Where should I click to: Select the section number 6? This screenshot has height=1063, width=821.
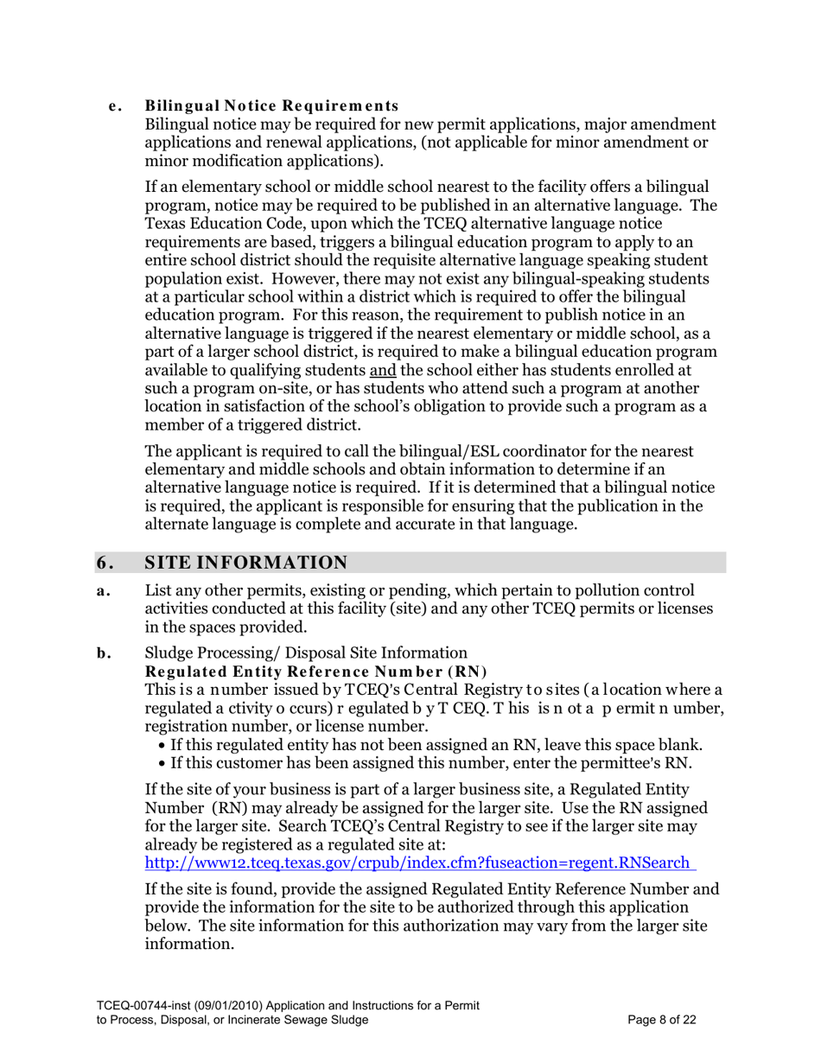tap(105, 563)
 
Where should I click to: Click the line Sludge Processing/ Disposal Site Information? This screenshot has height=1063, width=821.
tap(307, 653)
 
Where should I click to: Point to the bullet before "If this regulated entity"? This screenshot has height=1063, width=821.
tap(164, 745)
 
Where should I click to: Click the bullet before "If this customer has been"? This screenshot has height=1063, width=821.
tap(164, 763)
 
